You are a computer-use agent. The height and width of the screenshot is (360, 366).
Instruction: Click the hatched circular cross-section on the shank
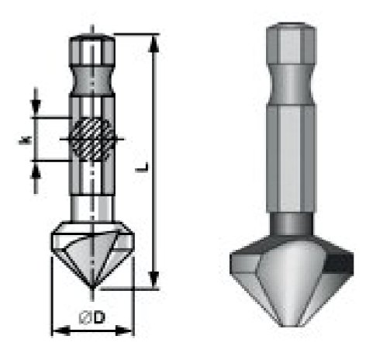coord(92,140)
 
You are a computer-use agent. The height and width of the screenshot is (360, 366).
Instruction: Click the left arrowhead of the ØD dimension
coord(57,330)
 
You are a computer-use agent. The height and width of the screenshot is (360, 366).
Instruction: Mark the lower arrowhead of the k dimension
coord(36,168)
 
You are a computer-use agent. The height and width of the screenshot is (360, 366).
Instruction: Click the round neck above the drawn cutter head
coord(92,208)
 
